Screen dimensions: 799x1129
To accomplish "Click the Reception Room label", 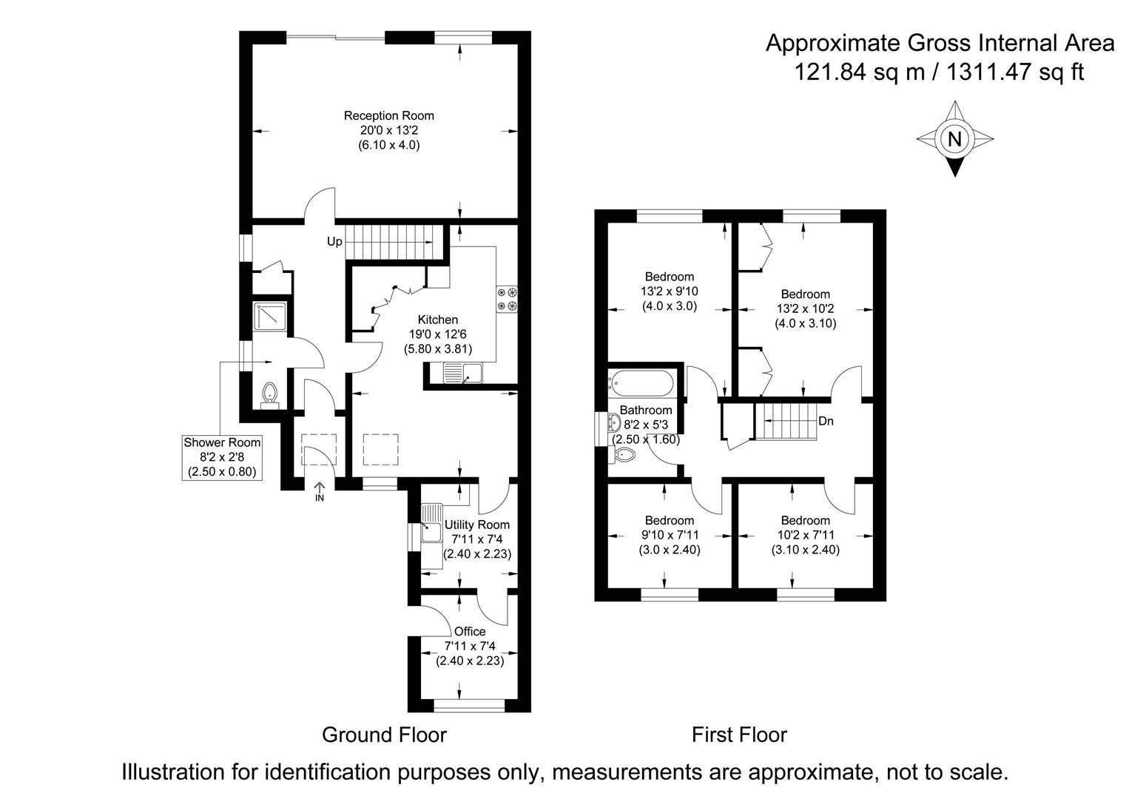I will coord(388,116).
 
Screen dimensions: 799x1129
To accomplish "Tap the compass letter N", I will coord(954,138).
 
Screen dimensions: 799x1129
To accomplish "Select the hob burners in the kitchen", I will coord(507,299).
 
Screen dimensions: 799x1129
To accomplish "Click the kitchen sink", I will coord(462,374).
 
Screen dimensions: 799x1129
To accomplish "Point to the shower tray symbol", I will coord(267,317).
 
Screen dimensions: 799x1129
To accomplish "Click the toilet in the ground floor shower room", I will coord(269,394).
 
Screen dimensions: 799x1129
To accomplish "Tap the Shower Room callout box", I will coord(222,456).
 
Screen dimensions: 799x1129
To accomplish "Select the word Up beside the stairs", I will coord(334,242).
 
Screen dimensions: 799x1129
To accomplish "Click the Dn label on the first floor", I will coord(826,421).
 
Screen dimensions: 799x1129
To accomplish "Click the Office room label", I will coord(470,631).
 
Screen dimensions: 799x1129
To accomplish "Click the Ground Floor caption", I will coord(384,735).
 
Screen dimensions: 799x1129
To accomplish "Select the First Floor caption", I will coord(738,735).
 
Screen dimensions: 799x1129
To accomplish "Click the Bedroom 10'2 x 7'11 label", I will coord(805,535).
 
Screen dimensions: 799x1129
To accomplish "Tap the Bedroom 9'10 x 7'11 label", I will coord(669,535).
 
